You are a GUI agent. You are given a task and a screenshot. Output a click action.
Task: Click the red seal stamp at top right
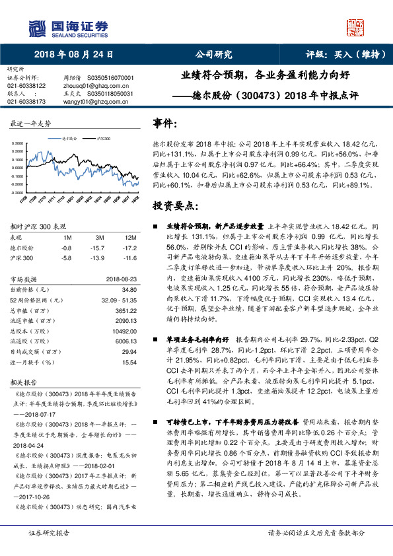[x=357, y=27]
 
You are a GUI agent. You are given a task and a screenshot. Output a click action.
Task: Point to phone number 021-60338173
[x=26, y=102]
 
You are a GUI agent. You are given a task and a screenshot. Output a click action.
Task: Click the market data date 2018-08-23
[x=122, y=279]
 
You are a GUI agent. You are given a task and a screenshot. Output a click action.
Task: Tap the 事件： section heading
[x=165, y=123]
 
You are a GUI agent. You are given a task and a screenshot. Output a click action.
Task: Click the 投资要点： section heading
[x=174, y=207]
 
